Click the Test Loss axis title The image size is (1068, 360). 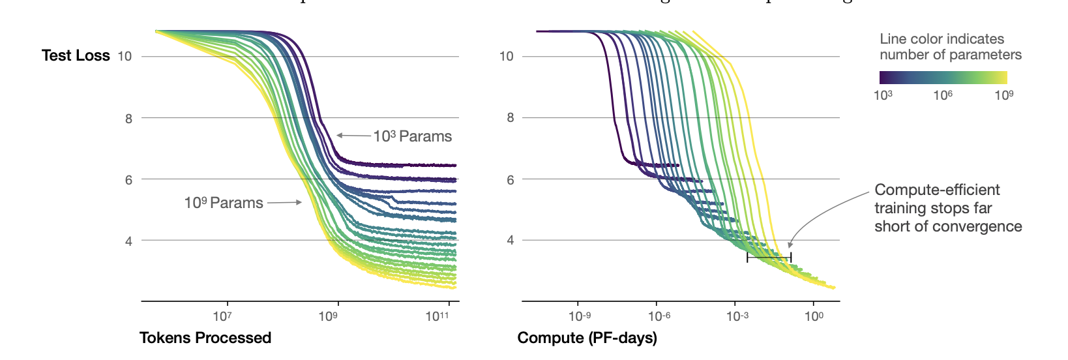click(x=76, y=55)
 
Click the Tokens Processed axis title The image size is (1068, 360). click(x=205, y=338)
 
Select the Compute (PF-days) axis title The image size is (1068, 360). click(x=587, y=338)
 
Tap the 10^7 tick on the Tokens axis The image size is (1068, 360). click(x=222, y=316)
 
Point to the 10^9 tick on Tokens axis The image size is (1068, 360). click(x=328, y=316)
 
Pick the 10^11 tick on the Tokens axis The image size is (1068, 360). click(x=438, y=316)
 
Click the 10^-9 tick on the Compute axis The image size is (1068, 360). click(x=579, y=316)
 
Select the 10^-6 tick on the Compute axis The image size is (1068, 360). click(x=659, y=316)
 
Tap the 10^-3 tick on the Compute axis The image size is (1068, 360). click(x=737, y=316)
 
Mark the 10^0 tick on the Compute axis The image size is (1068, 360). click(x=813, y=316)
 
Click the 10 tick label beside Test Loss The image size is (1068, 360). click(x=125, y=56)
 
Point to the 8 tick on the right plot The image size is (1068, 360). click(x=510, y=118)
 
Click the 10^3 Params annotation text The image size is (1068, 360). click(x=412, y=136)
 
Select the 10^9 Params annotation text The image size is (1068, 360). click(x=224, y=203)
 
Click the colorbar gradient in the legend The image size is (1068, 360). click(x=943, y=78)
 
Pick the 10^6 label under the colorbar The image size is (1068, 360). click(x=943, y=95)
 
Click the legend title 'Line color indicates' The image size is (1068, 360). click(x=942, y=39)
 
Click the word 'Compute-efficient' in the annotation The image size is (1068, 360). click(x=937, y=190)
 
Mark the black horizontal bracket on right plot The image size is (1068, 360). click(x=769, y=258)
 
